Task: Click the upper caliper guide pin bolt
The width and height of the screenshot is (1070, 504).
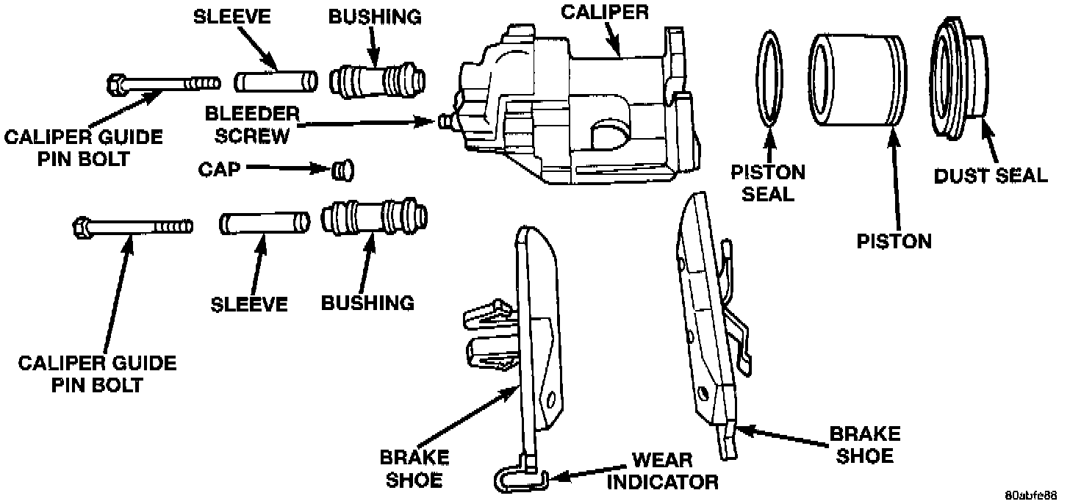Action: click(162, 83)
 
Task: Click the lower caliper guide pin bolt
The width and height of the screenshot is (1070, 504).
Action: click(132, 226)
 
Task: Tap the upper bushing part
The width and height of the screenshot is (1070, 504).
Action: click(377, 77)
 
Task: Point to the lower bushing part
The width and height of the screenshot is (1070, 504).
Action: click(375, 219)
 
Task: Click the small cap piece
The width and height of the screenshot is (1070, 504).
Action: click(341, 170)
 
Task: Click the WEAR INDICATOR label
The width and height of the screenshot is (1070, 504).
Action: click(661, 471)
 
